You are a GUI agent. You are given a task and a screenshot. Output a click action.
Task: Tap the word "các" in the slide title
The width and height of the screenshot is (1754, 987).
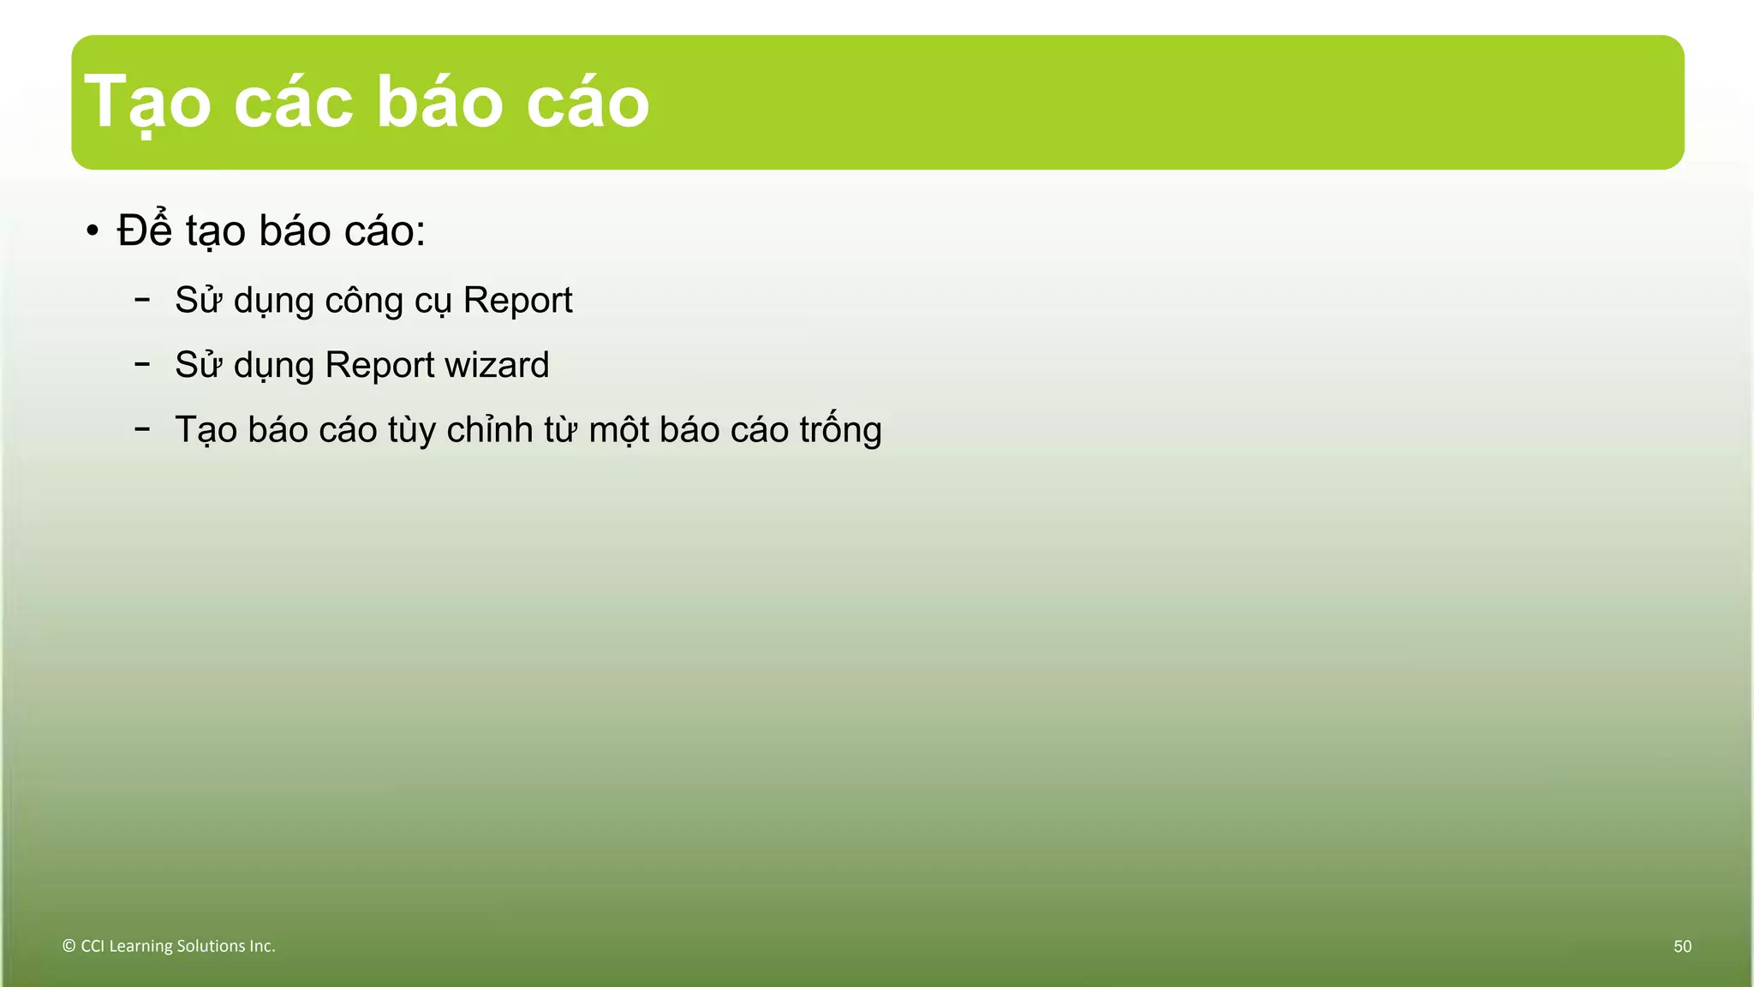coord(293,103)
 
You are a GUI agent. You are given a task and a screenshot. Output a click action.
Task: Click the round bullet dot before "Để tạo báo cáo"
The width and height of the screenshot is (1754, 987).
coord(92,231)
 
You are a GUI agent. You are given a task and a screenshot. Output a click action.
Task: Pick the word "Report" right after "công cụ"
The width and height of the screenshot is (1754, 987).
coord(517,301)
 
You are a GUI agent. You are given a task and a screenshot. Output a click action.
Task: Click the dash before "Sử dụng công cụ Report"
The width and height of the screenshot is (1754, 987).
coord(142,299)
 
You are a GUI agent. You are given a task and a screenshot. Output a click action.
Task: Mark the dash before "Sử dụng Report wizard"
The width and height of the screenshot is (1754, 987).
coord(142,363)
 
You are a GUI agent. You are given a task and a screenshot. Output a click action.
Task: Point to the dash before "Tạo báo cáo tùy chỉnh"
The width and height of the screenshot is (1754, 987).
coord(142,428)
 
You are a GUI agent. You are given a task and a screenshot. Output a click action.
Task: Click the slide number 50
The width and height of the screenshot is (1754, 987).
coord(1682,947)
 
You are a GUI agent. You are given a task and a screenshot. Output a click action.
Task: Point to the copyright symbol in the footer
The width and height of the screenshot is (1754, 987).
coord(69,946)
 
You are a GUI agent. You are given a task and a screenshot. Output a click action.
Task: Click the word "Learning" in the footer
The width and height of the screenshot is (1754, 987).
coord(140,947)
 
